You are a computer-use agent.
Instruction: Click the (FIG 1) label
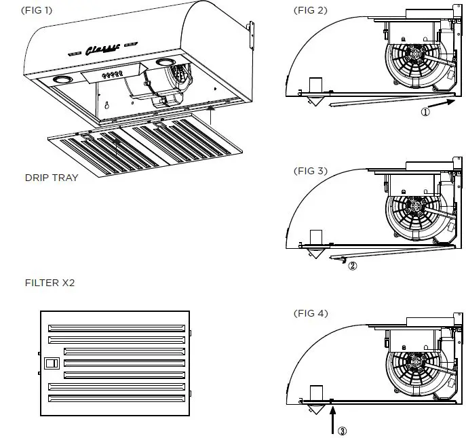click(37, 10)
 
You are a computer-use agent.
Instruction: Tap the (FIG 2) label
click(310, 10)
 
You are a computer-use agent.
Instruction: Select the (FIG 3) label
click(310, 171)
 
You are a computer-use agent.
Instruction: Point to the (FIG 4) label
click(310, 313)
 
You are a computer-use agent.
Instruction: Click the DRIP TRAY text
click(51, 178)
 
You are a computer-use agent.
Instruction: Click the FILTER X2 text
click(49, 283)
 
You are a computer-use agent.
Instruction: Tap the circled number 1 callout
click(425, 113)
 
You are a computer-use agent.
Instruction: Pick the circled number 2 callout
click(352, 266)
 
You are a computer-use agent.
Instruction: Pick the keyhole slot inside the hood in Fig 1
click(106, 106)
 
